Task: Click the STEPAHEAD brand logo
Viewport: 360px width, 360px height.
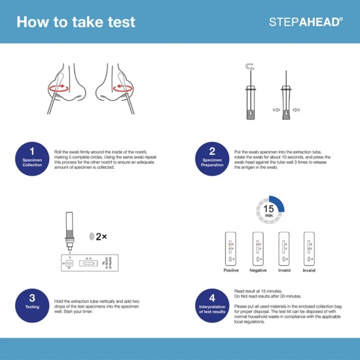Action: point(305,22)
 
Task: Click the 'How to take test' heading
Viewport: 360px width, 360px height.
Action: point(75,22)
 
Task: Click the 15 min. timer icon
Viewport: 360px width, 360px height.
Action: point(269,209)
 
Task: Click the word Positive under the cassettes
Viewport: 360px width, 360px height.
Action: point(231,270)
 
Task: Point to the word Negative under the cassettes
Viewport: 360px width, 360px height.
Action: point(258,270)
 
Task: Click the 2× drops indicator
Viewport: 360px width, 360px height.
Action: point(97,236)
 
